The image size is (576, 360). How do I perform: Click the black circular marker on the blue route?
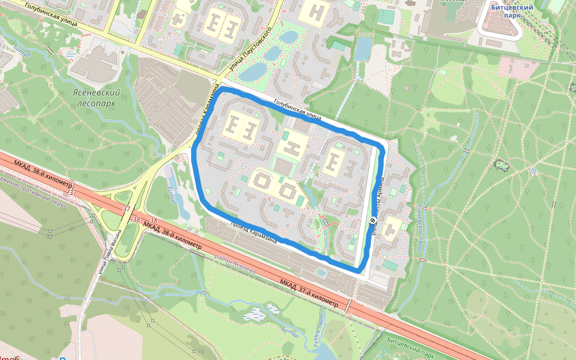pyautogui.click(x=373, y=221)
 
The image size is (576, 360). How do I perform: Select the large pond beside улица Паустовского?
pyautogui.click(x=254, y=72)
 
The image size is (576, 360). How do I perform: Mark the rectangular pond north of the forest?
pyautogui.click(x=362, y=49)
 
